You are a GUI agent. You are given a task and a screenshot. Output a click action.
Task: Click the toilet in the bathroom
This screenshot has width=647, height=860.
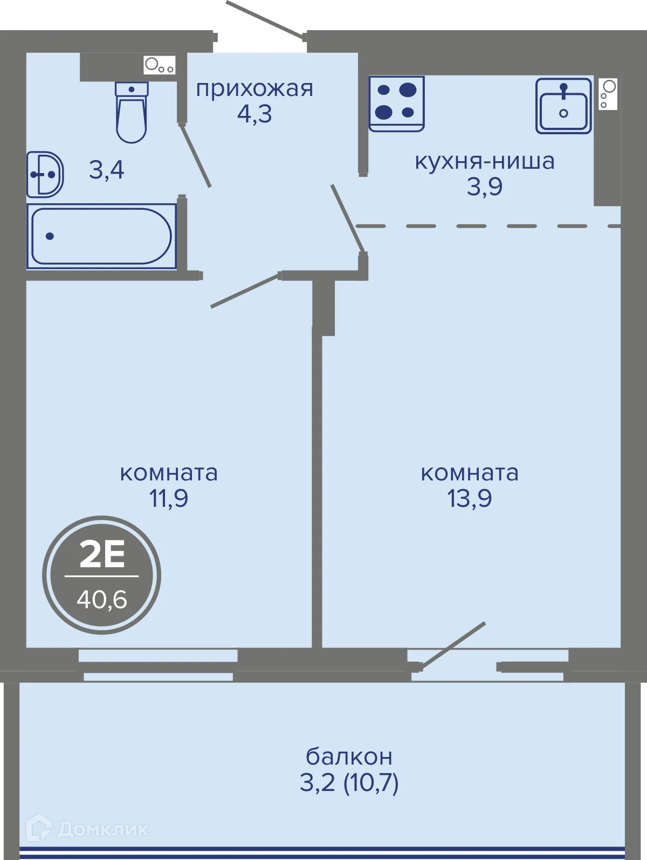(x=131, y=112)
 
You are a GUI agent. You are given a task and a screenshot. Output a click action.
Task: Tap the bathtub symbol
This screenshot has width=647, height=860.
(x=101, y=236)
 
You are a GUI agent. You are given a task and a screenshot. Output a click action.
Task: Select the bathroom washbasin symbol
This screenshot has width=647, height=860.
(x=45, y=174)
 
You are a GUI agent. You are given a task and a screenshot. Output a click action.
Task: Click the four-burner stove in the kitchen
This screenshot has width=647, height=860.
(x=396, y=104)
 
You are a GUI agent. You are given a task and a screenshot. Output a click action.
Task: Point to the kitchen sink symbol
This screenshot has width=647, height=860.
(x=563, y=106)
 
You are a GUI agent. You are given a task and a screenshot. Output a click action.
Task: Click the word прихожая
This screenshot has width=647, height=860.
(x=254, y=90)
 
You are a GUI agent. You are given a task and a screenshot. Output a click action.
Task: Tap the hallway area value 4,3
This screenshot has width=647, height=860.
(x=254, y=114)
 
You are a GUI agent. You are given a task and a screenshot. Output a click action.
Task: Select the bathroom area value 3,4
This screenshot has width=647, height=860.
(x=107, y=170)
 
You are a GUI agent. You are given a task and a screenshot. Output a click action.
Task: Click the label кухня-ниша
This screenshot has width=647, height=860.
(x=485, y=161)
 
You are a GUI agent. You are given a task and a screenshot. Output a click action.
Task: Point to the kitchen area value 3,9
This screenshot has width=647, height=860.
(x=485, y=187)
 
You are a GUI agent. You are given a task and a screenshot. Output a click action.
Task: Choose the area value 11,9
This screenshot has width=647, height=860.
(x=168, y=498)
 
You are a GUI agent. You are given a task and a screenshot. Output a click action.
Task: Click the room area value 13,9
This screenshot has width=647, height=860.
(x=470, y=498)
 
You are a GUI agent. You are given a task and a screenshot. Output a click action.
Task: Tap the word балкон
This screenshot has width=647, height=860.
(x=349, y=756)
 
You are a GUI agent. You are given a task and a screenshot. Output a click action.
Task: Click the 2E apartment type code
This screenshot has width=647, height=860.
(x=102, y=554)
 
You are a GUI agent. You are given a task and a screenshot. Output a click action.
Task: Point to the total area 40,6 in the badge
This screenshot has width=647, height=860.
(x=102, y=600)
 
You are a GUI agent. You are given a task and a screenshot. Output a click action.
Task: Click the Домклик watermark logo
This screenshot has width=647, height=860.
(x=87, y=830)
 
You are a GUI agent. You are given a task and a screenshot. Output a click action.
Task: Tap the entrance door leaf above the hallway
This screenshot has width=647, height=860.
(x=265, y=19)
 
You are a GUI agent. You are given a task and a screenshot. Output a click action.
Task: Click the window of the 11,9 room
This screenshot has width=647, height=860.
(x=158, y=664)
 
